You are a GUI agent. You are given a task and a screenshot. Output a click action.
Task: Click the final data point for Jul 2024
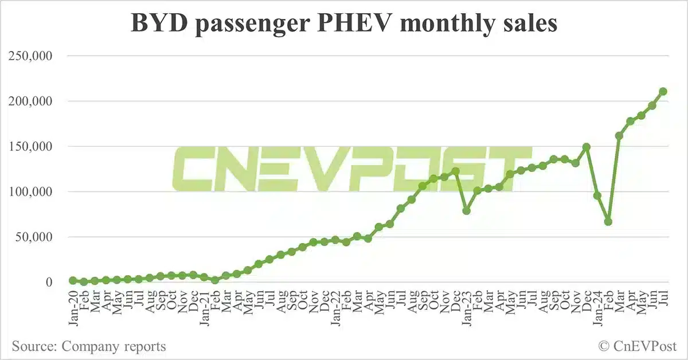pos(663,92)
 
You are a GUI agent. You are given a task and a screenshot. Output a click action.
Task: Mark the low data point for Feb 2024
pos(608,222)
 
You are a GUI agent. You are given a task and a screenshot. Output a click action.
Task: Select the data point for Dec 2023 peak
pos(587,147)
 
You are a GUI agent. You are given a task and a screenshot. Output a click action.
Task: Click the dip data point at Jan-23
pos(467,211)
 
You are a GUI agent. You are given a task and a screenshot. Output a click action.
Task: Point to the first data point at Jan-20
pos(73,280)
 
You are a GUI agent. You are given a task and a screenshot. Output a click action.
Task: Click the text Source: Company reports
pos(89,346)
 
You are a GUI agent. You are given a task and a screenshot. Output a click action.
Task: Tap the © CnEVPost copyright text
pos(638,346)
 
